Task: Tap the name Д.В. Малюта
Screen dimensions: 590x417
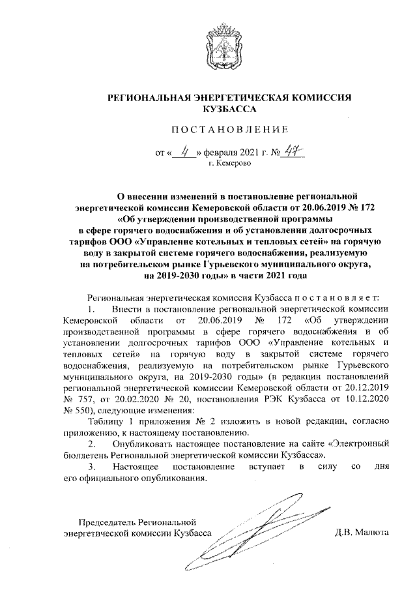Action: click(x=361, y=533)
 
